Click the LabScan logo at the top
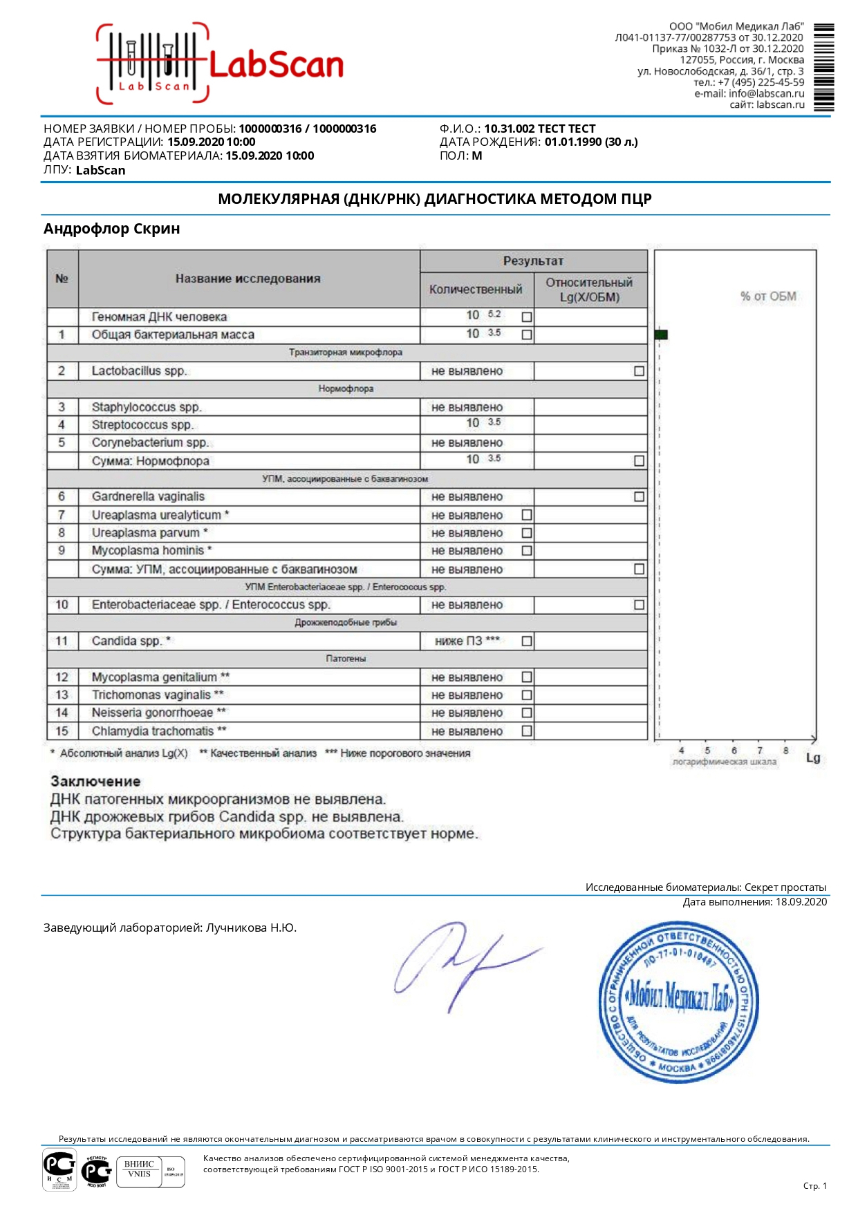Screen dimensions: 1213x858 [220, 64]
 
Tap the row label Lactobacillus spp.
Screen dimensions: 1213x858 [139, 371]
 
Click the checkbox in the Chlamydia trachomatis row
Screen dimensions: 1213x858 [527, 731]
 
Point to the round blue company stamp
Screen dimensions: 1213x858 [678, 1002]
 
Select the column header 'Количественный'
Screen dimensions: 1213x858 [476, 290]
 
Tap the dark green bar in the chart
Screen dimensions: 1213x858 [661, 335]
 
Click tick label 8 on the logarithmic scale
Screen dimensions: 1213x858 [785, 751]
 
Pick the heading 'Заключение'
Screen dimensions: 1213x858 [95, 782]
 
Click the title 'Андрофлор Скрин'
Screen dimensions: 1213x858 [111, 229]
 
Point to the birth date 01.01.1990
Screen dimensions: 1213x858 [573, 142]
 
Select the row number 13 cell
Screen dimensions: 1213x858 [62, 695]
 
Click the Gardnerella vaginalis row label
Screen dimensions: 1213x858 [148, 497]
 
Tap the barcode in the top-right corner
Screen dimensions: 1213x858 [823, 67]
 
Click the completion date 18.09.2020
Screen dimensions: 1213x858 [801, 902]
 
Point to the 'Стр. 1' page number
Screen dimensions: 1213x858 [814, 1186]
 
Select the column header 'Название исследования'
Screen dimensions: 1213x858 [248, 279]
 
